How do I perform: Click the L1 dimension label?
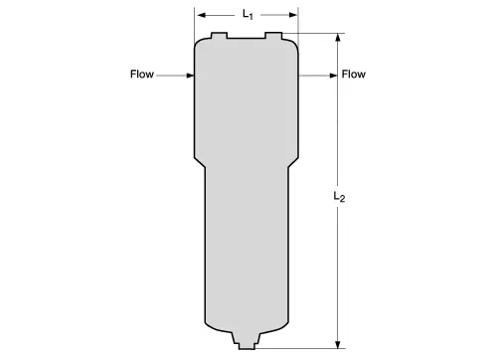tap(248, 15)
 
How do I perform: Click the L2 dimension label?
tap(339, 197)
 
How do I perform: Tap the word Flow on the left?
tap(142, 74)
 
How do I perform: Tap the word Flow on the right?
tap(354, 74)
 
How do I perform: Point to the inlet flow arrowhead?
tap(190, 76)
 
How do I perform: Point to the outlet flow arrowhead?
tap(333, 76)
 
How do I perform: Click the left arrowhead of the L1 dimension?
tap(202, 15)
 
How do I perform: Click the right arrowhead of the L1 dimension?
tap(293, 15)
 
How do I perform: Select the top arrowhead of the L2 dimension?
tap(338, 38)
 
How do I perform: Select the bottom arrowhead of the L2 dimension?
tap(338, 344)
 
